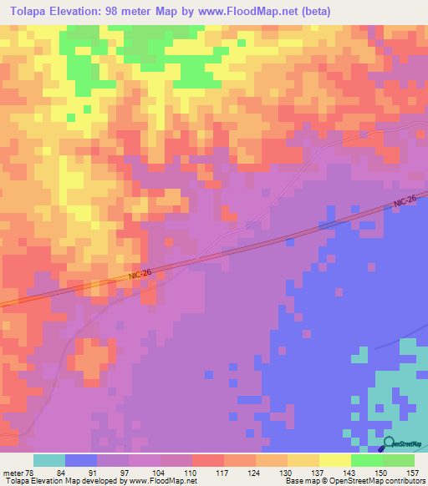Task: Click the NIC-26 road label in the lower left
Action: [x=140, y=274]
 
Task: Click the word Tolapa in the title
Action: [x=33, y=12]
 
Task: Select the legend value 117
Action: [x=223, y=472]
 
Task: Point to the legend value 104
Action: [x=160, y=472]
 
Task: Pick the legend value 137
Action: [x=318, y=472]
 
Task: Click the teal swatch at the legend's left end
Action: [x=48, y=460]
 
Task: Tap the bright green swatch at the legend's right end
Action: [x=399, y=460]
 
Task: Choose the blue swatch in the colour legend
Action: [x=81, y=460]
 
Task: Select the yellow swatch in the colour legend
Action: [x=334, y=460]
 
